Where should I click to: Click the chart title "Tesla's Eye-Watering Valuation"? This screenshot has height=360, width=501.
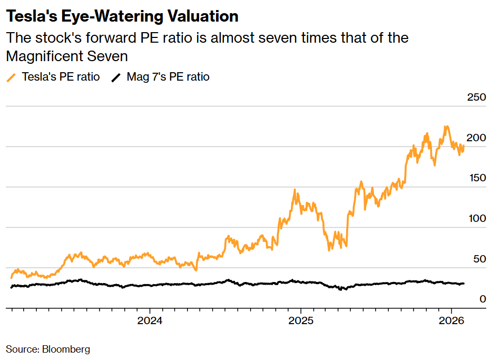(x=122, y=16)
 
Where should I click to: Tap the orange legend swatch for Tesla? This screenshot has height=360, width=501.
(x=11, y=77)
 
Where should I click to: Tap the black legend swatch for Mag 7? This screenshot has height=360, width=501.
(x=116, y=77)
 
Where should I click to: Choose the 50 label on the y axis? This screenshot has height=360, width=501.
(x=478, y=259)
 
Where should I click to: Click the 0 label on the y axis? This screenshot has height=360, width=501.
(x=482, y=299)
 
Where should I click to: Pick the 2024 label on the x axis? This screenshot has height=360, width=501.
(x=150, y=321)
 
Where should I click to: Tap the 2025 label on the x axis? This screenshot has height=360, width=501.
(x=300, y=321)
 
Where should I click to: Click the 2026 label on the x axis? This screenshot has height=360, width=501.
(x=451, y=321)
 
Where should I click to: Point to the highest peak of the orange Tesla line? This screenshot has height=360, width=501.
(x=446, y=127)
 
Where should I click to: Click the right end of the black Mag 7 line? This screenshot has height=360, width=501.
(x=464, y=284)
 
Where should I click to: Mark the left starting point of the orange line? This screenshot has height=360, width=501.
(x=11, y=277)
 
